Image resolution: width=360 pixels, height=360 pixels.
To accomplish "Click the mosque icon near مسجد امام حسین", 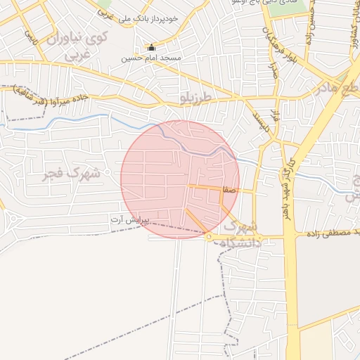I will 151,48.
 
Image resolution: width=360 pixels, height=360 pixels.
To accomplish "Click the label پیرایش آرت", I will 130,220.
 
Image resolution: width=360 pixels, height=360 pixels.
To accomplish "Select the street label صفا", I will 227,190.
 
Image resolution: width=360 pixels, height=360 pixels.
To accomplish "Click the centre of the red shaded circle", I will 180,179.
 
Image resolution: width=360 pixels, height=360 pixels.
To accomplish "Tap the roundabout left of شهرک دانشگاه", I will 210,237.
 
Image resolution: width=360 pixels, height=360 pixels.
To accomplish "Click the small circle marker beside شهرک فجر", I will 108,172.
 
